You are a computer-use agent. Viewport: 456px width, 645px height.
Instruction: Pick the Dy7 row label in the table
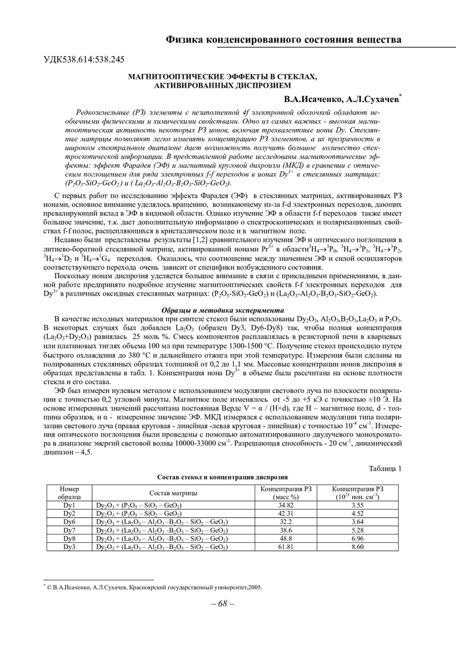click(69, 529)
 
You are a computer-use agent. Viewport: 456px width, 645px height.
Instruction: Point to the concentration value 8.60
click(357, 546)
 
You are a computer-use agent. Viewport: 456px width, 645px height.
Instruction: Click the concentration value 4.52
click(357, 513)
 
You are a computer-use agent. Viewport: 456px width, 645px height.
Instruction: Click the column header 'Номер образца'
click(69, 493)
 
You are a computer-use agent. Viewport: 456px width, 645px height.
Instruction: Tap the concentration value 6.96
click(357, 537)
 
